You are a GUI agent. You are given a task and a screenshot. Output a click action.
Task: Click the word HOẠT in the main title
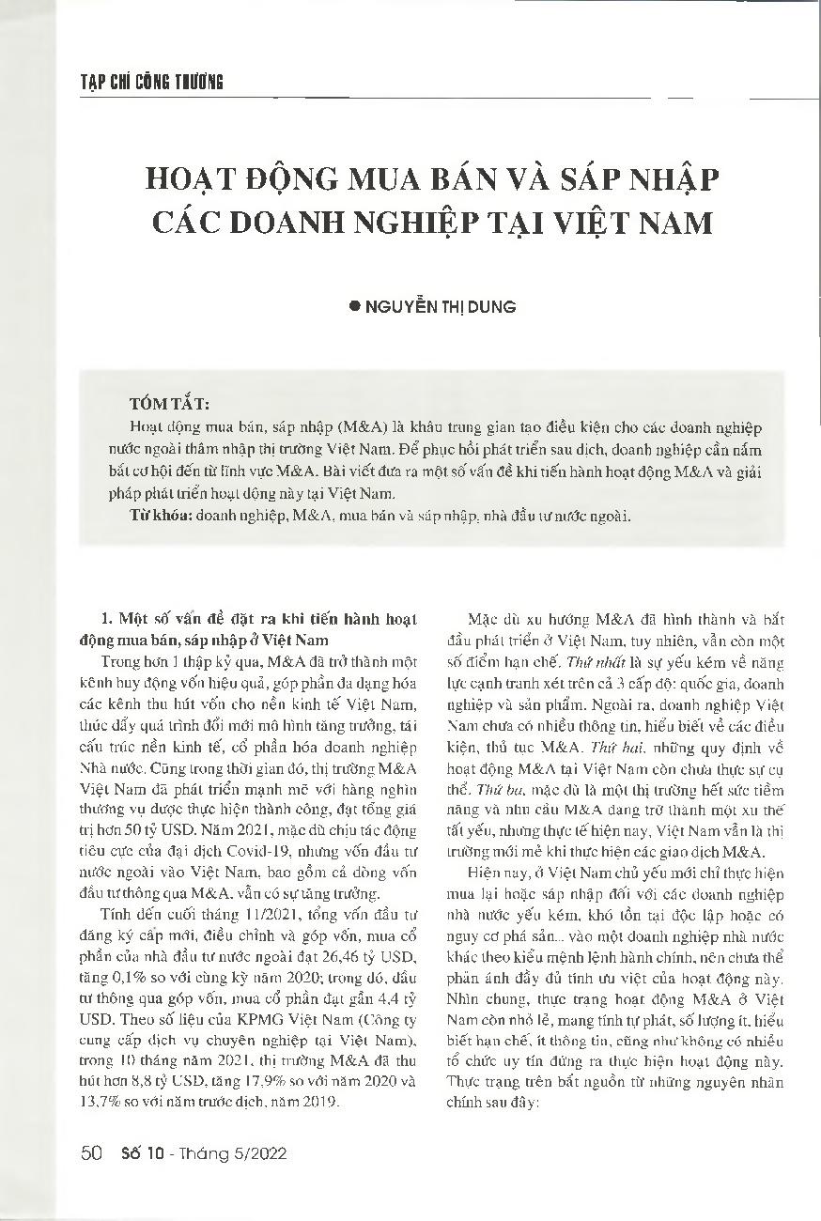coord(198,178)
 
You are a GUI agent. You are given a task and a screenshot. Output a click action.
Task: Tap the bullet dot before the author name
coord(354,306)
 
